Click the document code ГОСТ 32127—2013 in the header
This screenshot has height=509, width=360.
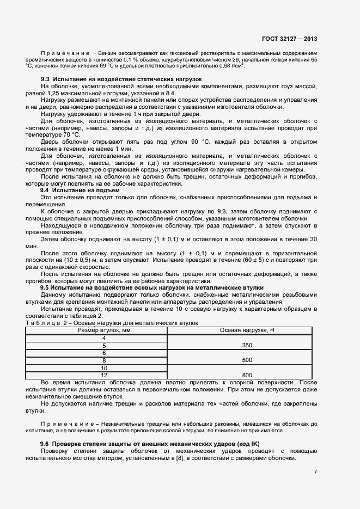(x=289, y=39)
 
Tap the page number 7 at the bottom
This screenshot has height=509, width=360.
(x=315, y=471)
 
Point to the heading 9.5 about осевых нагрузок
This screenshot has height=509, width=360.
(x=152, y=287)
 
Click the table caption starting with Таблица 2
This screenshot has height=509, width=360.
(x=112, y=323)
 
